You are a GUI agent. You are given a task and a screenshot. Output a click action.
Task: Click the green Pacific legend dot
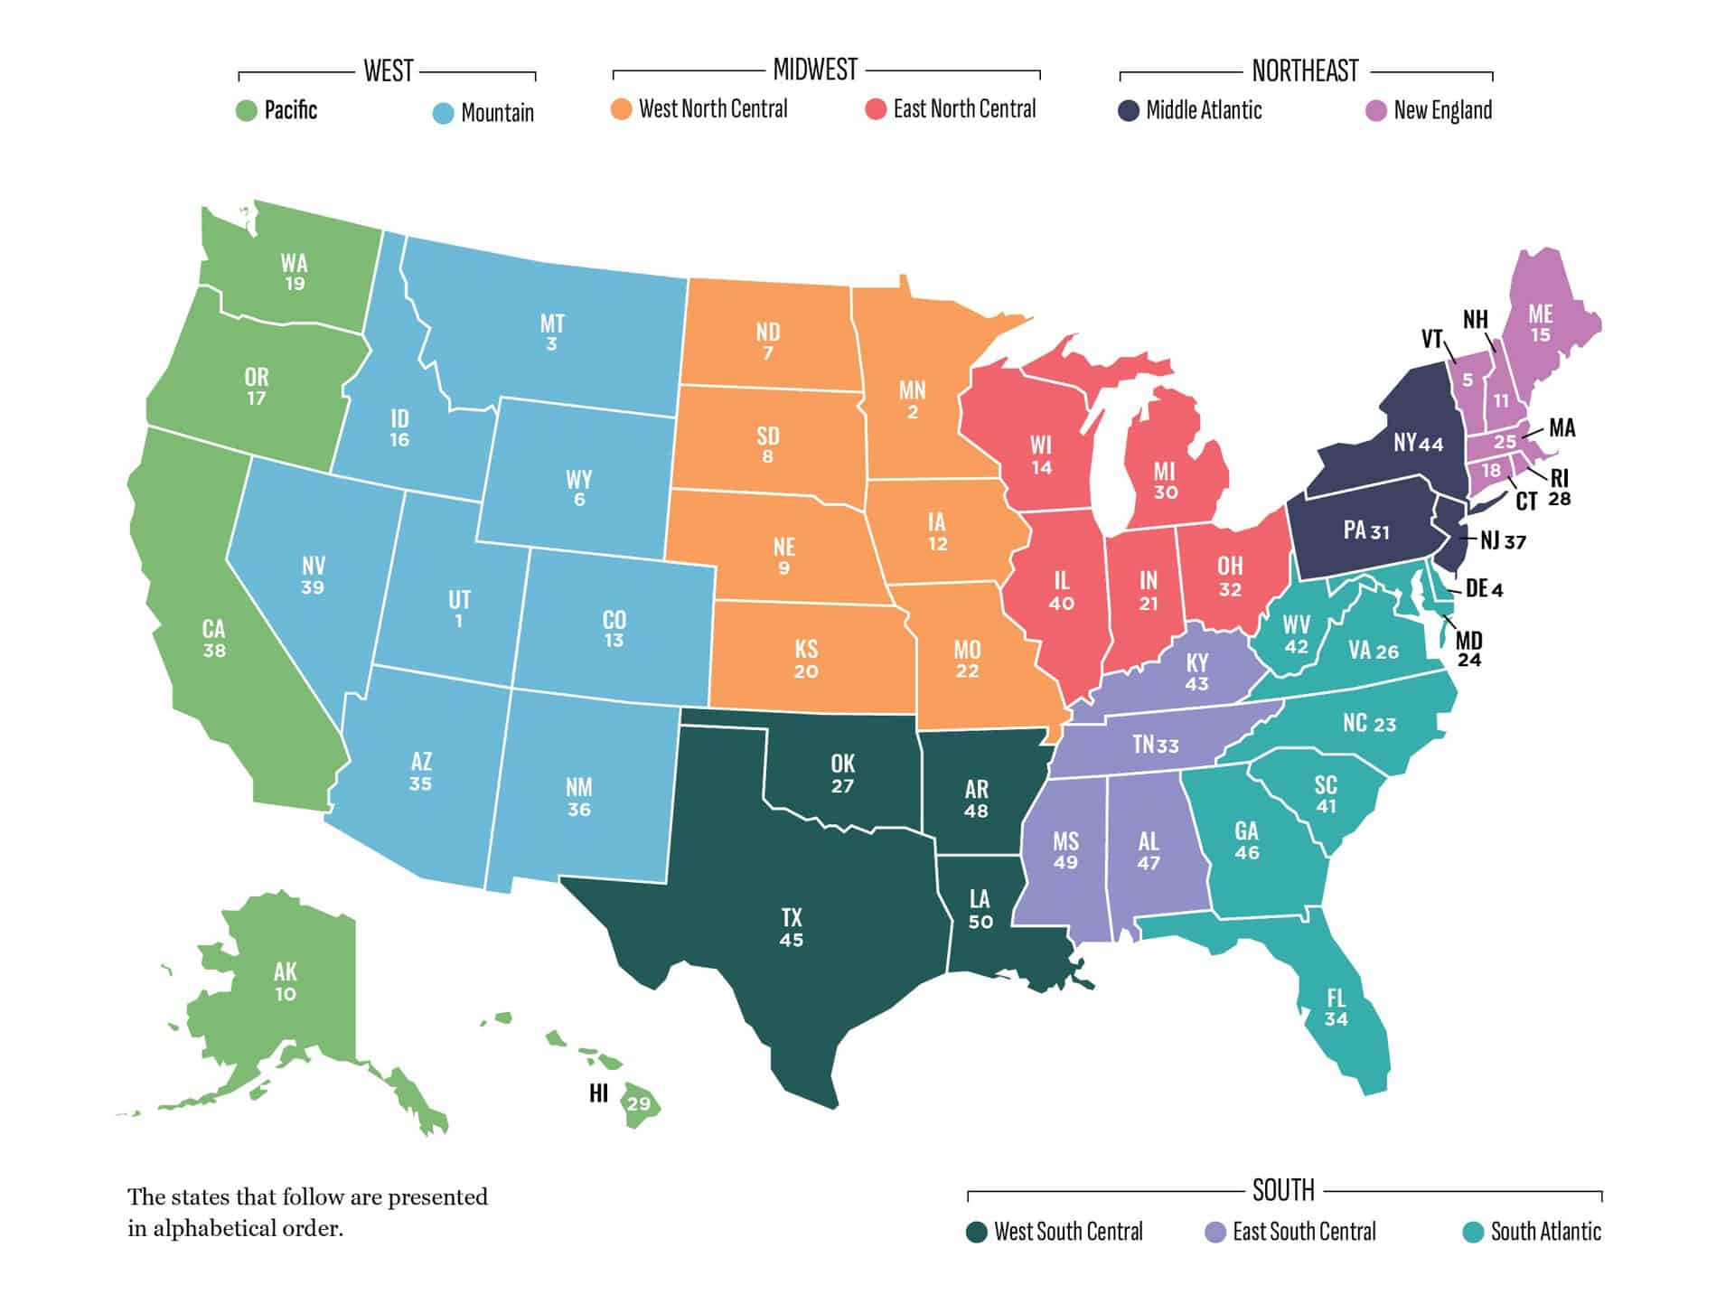click(247, 112)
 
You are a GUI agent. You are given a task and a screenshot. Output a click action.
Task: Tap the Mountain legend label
click(497, 113)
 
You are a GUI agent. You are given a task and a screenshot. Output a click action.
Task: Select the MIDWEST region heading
click(814, 70)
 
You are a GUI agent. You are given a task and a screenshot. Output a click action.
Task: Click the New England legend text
click(1442, 111)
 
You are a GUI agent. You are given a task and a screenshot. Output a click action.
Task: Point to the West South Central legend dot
click(976, 1233)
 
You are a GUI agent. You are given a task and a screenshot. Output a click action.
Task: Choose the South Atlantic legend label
click(1545, 1232)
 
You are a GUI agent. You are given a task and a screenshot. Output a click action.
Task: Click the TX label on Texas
click(792, 918)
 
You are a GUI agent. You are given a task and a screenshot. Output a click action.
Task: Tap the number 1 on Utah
click(459, 622)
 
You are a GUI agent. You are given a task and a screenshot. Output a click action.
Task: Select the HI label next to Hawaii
click(598, 1093)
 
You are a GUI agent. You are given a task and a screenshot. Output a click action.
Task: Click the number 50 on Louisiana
click(980, 922)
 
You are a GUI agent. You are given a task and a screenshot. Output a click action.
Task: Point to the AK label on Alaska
click(286, 971)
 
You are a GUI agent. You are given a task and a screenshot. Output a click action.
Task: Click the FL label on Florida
click(1336, 998)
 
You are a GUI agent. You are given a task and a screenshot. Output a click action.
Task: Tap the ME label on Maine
click(1541, 314)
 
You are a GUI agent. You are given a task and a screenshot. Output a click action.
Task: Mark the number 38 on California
click(214, 651)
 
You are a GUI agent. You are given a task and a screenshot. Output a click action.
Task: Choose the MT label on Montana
click(552, 324)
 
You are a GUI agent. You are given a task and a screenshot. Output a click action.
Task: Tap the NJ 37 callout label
click(1503, 541)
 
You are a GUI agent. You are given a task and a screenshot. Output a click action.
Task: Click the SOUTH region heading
click(1283, 1191)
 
